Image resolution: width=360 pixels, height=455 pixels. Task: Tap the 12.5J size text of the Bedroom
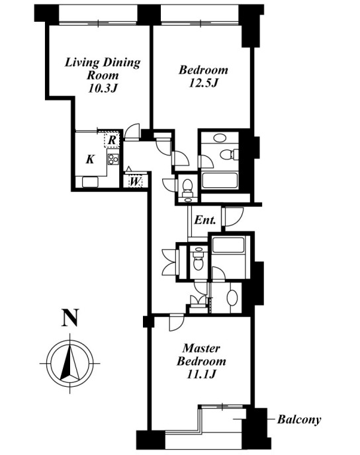point(203,83)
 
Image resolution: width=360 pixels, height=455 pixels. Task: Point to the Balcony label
point(299,419)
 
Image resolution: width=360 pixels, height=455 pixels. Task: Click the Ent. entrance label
point(205,220)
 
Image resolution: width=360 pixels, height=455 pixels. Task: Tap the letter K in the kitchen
point(90,159)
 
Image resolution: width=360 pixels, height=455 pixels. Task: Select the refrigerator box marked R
point(112,140)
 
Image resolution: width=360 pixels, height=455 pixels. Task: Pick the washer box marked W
point(135,182)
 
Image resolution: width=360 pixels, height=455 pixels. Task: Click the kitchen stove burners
point(113,159)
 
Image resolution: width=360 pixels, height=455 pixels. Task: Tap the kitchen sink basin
point(90,183)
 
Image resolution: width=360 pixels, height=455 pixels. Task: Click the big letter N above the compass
point(70,318)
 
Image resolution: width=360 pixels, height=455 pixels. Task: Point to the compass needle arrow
point(70,362)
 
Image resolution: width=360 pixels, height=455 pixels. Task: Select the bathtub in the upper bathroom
point(220,181)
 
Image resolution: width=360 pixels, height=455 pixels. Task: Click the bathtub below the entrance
point(228,245)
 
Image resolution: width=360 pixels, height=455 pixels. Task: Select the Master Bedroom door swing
point(176,322)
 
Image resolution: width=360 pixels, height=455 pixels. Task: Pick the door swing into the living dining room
point(132,132)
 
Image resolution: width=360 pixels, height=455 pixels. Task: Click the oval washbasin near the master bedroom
point(232,298)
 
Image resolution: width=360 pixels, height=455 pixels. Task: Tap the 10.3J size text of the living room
point(102,89)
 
